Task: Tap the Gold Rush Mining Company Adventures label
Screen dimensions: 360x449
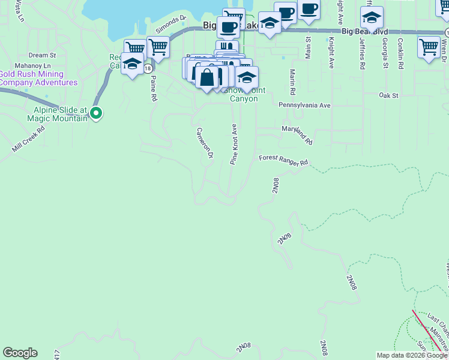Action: click(x=38, y=78)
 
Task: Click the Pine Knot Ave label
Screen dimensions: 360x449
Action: click(x=234, y=145)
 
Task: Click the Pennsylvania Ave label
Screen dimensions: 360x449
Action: click(x=304, y=105)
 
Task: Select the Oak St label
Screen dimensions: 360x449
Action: click(x=388, y=95)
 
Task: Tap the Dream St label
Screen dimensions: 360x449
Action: click(x=42, y=55)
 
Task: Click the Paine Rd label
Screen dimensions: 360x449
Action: click(x=153, y=88)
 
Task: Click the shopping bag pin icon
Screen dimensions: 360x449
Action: click(x=206, y=78)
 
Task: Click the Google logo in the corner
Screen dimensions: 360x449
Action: click(x=20, y=353)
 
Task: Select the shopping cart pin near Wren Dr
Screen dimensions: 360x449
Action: click(x=429, y=47)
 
